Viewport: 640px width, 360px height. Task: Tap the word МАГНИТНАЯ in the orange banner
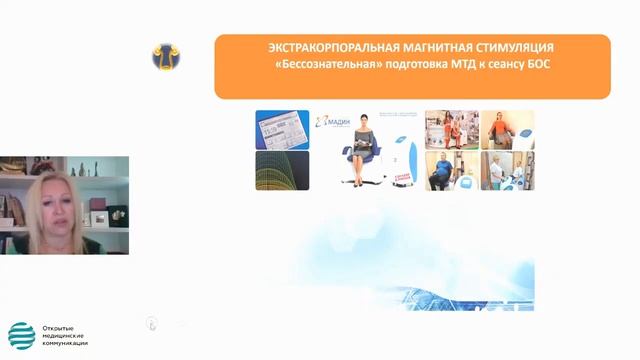(x=417, y=48)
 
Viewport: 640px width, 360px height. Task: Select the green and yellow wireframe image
(x=282, y=170)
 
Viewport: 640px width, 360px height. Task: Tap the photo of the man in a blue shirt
(x=449, y=171)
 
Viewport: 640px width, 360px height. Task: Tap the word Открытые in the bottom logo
(x=59, y=328)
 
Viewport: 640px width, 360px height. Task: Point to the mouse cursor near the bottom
(x=151, y=322)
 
